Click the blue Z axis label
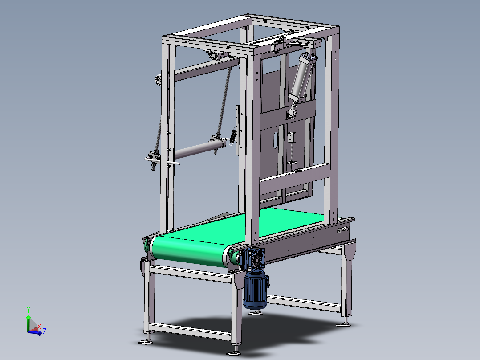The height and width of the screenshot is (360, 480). coord(45,331)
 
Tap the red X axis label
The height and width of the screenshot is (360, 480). coord(39,326)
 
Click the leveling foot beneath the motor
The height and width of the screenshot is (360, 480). coord(255,312)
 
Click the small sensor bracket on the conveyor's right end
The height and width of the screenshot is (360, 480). coord(342,230)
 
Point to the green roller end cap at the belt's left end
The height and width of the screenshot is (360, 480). coord(146,245)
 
